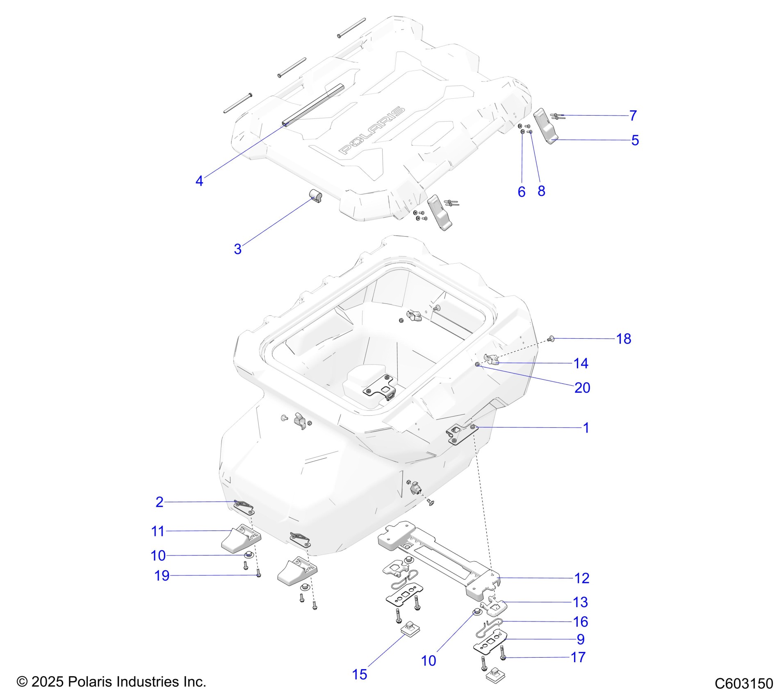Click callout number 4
point(199,181)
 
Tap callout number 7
point(633,116)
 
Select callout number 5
point(635,140)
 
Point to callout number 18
point(624,339)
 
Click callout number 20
point(582,388)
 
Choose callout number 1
point(586,428)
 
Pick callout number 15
point(360,674)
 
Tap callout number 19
point(162,576)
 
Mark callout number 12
point(582,578)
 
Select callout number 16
point(581,622)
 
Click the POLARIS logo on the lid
point(371,131)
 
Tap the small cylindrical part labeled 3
point(315,196)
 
